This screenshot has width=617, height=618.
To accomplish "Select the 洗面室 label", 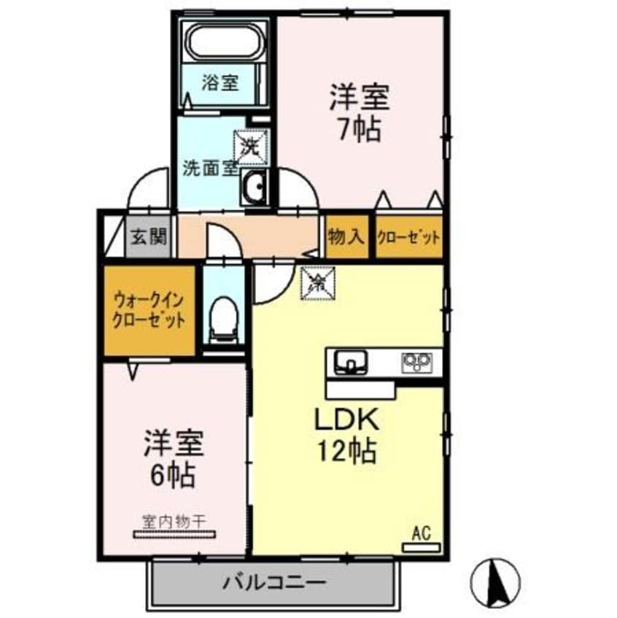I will [x=209, y=167].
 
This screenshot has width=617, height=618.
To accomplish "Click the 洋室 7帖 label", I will [x=360, y=114].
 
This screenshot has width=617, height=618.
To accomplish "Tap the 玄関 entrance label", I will [x=150, y=236].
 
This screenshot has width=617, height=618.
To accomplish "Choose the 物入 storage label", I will [x=347, y=236].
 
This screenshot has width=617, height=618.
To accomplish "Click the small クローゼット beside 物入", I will [x=409, y=236].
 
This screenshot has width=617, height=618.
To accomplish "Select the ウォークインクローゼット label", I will [x=148, y=309].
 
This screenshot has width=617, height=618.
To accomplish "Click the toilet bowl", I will [x=221, y=319].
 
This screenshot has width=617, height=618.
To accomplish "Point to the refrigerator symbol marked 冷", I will [x=316, y=283].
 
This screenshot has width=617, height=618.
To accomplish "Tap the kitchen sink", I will [x=352, y=360].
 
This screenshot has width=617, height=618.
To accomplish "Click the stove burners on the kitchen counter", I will [x=418, y=360].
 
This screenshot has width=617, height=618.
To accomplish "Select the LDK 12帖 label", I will [x=346, y=436].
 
